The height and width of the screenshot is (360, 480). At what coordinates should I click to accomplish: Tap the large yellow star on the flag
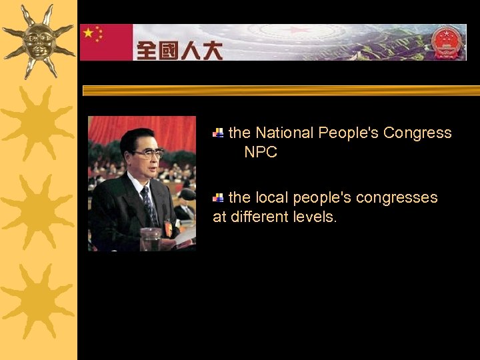click(x=89, y=33)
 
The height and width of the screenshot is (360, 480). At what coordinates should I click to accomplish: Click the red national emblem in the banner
click(x=447, y=42)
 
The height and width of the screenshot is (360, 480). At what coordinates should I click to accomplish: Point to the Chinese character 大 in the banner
click(x=212, y=50)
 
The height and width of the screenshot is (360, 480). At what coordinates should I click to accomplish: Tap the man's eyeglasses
click(x=148, y=154)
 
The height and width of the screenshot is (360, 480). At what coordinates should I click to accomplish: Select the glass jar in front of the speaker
click(x=150, y=239)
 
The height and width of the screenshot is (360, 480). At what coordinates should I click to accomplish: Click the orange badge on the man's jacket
click(x=168, y=228)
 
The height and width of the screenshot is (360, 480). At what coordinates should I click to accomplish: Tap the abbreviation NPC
click(x=261, y=152)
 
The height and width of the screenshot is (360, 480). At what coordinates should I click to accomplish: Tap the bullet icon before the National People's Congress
click(x=218, y=133)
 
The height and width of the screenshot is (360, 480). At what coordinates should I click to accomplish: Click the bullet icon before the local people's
click(x=218, y=198)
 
